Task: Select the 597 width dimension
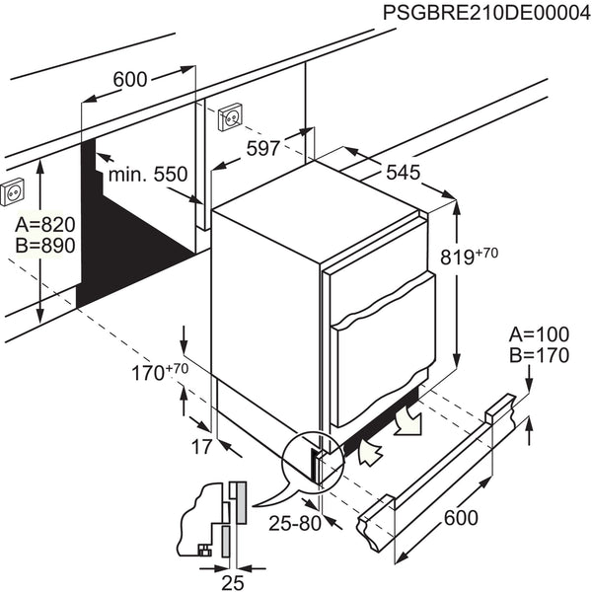point(261,148)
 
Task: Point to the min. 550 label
point(147,175)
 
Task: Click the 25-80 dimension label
point(296,523)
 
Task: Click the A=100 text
point(539,335)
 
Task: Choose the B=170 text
point(539,355)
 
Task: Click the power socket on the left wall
point(15,189)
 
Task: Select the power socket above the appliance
point(230,116)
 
